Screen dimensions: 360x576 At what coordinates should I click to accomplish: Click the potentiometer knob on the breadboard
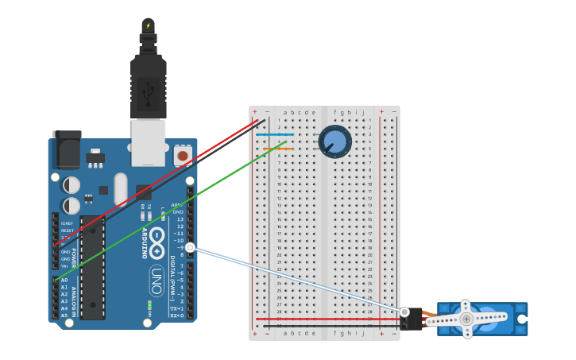[x=334, y=141]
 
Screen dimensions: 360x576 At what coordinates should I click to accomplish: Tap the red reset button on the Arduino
[x=184, y=155]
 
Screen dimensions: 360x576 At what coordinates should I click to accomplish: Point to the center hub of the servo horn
[x=466, y=319]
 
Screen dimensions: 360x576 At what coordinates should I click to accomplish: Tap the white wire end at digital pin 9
[x=190, y=248]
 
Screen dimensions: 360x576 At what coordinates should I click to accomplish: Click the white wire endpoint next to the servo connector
[x=405, y=312]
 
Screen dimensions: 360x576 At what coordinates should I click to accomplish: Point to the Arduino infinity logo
[x=158, y=238]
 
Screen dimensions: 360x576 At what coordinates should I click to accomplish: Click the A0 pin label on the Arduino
[x=64, y=281]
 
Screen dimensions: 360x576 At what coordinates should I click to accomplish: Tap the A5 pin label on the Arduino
[x=64, y=315]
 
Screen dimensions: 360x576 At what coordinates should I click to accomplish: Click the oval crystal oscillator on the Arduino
[x=120, y=188]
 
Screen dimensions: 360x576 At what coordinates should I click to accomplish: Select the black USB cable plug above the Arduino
[x=149, y=79]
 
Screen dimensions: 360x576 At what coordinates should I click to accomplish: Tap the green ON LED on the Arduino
[x=149, y=304]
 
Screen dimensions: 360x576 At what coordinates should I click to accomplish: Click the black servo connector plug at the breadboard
[x=415, y=319]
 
